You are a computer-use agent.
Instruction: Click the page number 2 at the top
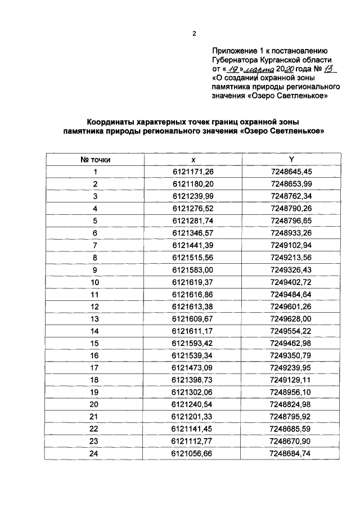pos(194,33)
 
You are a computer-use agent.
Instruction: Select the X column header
pos(193,160)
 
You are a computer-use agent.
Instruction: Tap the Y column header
pos(291,160)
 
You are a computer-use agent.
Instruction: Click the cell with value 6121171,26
pos(193,172)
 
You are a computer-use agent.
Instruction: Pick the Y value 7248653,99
pos(291,184)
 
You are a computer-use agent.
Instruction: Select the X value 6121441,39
pos(193,245)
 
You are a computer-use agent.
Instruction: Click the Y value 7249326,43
pos(291,269)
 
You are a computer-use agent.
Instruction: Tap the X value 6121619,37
pos(193,282)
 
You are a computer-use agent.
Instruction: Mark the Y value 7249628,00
pos(291,319)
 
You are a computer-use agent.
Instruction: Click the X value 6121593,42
pos(193,343)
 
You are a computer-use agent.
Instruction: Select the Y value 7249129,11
pos(291,380)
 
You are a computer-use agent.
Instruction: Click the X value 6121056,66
pos(193,453)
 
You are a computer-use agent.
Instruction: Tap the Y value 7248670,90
pos(291,442)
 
